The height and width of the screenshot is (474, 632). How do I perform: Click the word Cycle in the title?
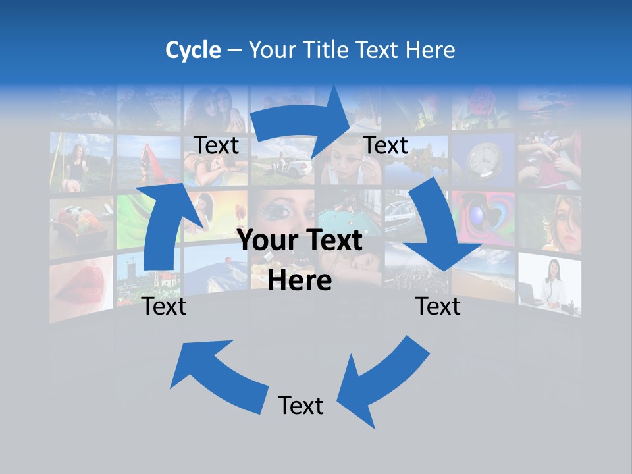(x=193, y=50)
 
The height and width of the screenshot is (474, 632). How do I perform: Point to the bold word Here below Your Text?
(x=300, y=281)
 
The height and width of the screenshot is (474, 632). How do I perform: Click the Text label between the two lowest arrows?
(x=301, y=406)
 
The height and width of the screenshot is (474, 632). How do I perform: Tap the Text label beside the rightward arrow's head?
(x=386, y=145)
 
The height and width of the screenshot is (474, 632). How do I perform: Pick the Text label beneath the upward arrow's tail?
(x=165, y=306)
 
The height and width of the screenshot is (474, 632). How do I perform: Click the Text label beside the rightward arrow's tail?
(x=217, y=145)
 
